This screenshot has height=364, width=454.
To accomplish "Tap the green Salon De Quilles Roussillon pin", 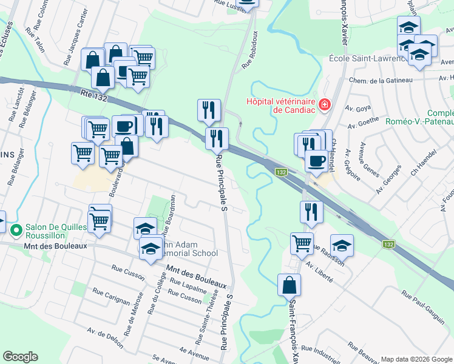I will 16,229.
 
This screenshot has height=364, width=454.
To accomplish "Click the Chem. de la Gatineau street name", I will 381,80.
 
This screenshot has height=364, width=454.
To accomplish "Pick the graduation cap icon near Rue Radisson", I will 342,245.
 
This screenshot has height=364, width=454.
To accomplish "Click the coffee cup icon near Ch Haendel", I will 316,161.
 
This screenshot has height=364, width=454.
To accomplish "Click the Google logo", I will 20,357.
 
